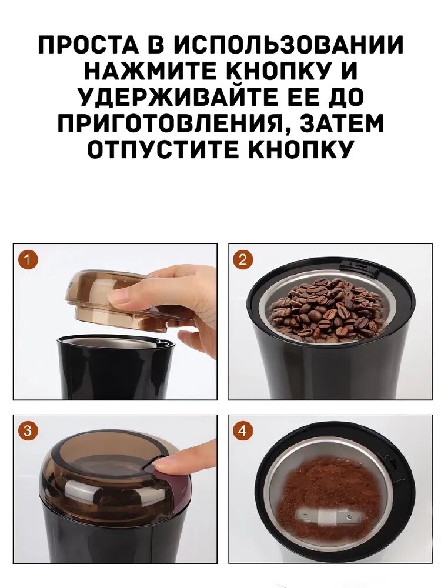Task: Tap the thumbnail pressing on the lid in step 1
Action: [x=115, y=296]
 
